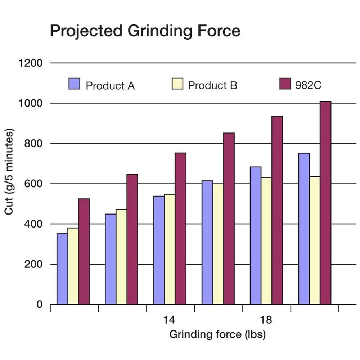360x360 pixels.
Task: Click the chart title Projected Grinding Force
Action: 145,31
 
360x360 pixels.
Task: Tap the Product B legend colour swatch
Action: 177,84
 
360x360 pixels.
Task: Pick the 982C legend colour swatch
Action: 285,84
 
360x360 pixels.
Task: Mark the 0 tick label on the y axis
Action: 39,305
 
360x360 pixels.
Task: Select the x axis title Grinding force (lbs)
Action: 217,335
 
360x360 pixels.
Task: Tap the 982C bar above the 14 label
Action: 180,229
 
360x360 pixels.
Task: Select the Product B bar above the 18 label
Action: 266,241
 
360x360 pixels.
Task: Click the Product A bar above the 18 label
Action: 255,235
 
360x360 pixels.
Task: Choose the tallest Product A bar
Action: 304,229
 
